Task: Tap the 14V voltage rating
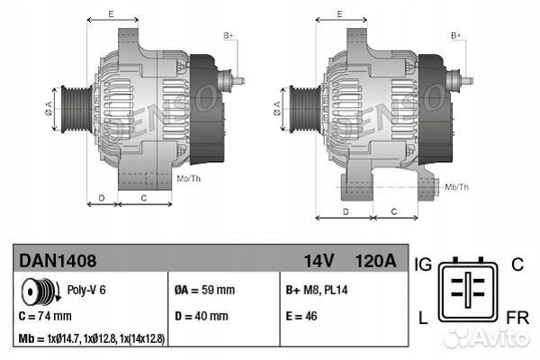pyautogui.click(x=320, y=261)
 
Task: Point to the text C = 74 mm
pyautogui.click(x=45, y=317)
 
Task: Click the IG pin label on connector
pyautogui.click(x=424, y=264)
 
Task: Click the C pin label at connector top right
pyautogui.click(x=517, y=264)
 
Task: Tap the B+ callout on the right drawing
pyautogui.click(x=455, y=36)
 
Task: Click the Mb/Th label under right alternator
pyautogui.click(x=457, y=186)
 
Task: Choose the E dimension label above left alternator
pyautogui.click(x=110, y=14)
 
